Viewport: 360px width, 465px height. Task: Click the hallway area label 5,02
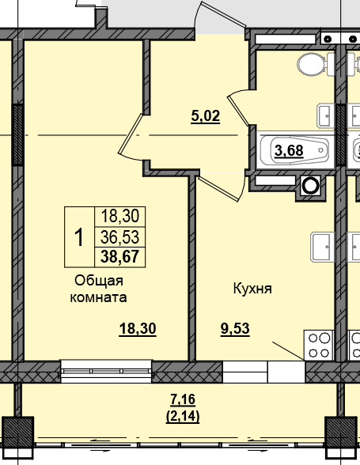pyautogui.click(x=205, y=116)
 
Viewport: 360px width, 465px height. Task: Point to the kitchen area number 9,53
pyautogui.click(x=234, y=330)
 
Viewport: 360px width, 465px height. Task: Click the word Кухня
pyautogui.click(x=252, y=289)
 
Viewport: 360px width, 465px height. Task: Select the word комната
pyautogui.click(x=100, y=297)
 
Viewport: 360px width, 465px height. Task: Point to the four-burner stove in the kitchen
pyautogui.click(x=320, y=344)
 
